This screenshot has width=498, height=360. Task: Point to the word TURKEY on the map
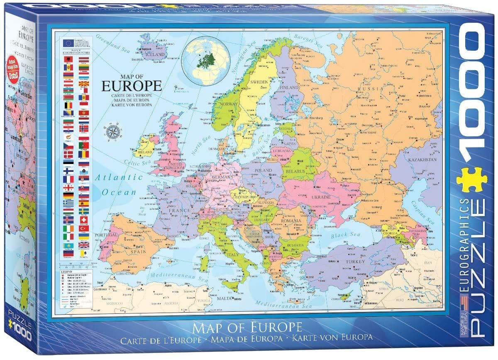click(x=356, y=262)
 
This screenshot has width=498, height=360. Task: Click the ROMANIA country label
click(x=289, y=220)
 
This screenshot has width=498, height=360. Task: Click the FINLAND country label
click(x=289, y=88)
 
